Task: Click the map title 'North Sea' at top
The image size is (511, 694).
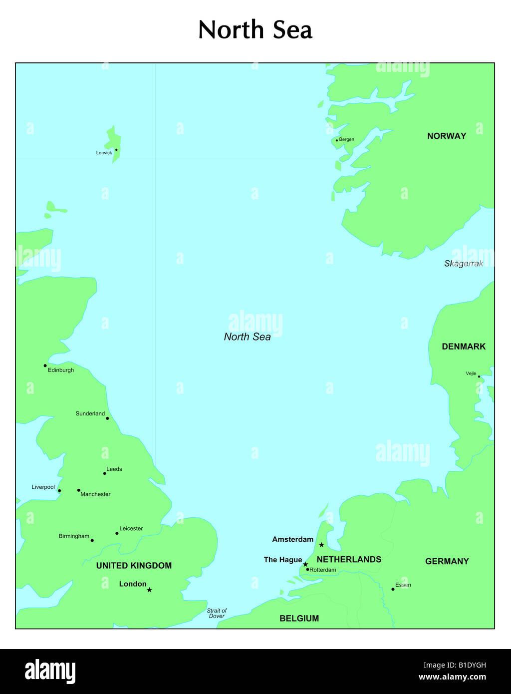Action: click(255, 30)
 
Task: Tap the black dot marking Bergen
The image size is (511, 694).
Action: click(337, 140)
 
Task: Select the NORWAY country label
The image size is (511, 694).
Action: click(447, 136)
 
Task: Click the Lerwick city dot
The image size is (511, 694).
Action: click(116, 149)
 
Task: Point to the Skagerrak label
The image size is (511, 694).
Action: click(464, 264)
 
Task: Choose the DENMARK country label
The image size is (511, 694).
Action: click(464, 347)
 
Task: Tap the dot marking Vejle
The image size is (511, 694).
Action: click(479, 376)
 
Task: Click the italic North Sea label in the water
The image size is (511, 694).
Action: click(248, 337)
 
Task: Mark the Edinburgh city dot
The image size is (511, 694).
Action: click(45, 365)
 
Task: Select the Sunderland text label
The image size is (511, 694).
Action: click(90, 413)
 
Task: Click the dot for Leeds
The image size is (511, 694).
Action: click(104, 473)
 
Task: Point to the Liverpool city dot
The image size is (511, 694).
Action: click(59, 491)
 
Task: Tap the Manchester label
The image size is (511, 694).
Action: click(95, 494)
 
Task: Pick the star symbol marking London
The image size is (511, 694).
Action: click(149, 590)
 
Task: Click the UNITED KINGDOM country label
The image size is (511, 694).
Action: click(134, 566)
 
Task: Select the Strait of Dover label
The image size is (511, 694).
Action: click(217, 613)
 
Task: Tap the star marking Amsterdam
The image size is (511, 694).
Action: click(321, 545)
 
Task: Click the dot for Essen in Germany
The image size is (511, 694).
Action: click(393, 589)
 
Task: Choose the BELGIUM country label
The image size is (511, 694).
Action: click(299, 619)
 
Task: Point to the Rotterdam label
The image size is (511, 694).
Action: click(323, 570)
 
